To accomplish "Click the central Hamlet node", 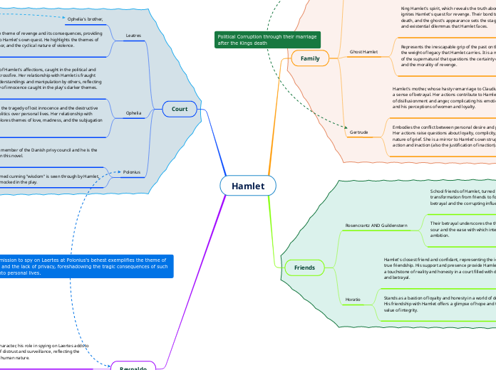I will [x=248, y=186].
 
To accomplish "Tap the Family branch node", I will [x=310, y=58].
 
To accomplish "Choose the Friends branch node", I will [x=305, y=268].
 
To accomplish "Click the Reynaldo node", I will [x=133, y=366].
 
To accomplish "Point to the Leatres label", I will [x=133, y=35].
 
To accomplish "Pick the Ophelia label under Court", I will [x=133, y=112].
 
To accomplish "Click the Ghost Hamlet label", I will [x=364, y=52].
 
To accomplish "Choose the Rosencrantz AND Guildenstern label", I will [x=376, y=225].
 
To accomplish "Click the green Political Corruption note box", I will [x=267, y=39].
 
